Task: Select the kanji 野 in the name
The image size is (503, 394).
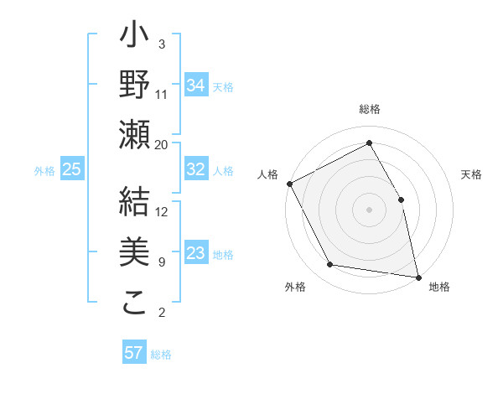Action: (x=134, y=85)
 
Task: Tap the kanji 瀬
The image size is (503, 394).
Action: (x=134, y=135)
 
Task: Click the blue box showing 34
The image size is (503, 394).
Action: (x=195, y=85)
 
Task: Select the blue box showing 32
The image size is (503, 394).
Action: (x=195, y=169)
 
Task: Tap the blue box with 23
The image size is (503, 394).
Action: (x=195, y=253)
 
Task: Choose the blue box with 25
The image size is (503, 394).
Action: (x=71, y=169)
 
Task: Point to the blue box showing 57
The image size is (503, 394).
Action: (x=133, y=353)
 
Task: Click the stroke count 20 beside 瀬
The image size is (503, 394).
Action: (x=162, y=144)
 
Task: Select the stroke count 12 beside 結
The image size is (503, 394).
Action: (x=162, y=211)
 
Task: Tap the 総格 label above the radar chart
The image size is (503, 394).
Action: (x=370, y=110)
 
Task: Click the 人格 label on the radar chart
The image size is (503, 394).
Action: (x=268, y=174)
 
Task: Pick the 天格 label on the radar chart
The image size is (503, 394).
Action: (x=471, y=174)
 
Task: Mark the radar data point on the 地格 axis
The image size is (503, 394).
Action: (x=417, y=276)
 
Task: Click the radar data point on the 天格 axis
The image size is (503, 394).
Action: (x=401, y=200)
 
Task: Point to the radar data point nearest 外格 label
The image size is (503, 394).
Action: (x=330, y=265)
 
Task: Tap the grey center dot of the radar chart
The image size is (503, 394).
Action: (x=369, y=210)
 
